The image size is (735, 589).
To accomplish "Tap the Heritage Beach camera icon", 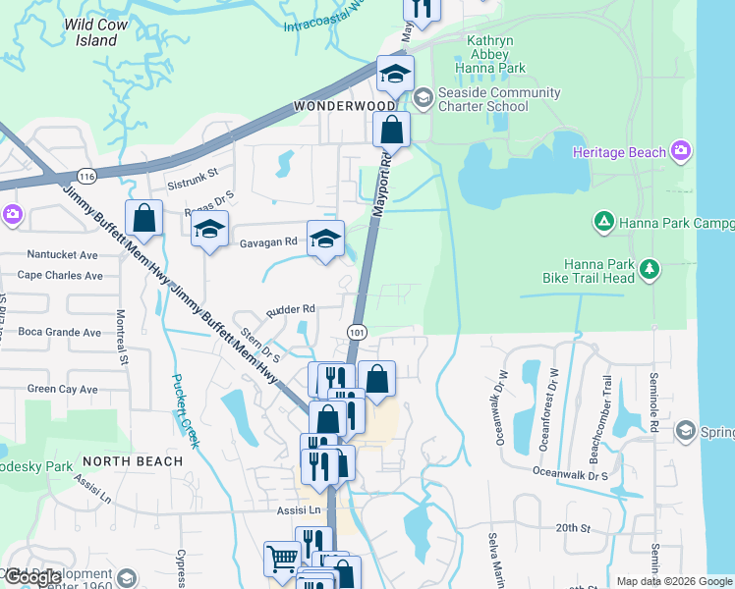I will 681,150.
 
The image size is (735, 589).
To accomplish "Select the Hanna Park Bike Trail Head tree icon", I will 648,269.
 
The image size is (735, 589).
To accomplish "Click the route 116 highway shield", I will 87,176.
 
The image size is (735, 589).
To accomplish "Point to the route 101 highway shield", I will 357,332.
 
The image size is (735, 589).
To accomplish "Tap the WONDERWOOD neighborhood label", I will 344,105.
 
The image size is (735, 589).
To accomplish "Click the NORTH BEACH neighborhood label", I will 133,460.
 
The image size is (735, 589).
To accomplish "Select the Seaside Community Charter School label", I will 500,100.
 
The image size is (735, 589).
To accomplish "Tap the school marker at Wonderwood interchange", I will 395,74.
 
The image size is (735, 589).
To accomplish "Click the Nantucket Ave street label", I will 63,254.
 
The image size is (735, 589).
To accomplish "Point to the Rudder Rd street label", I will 290,308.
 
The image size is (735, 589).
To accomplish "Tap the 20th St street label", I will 572,527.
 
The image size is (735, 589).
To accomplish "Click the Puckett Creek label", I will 186,410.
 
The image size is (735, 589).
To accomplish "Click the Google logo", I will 34,577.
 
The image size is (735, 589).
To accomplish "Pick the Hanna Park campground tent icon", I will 604,223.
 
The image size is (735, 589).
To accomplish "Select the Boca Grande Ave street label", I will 59,332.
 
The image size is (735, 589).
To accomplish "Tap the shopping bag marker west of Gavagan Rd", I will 143,219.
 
